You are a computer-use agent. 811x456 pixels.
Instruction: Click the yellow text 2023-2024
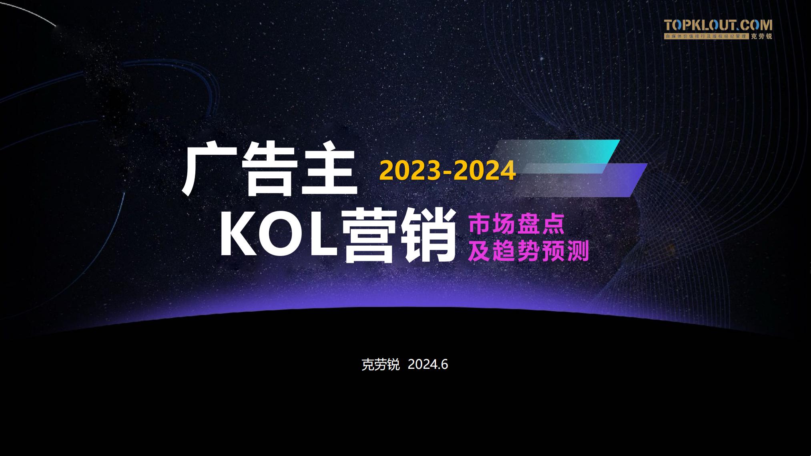(447, 171)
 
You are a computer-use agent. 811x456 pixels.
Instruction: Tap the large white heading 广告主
(270, 171)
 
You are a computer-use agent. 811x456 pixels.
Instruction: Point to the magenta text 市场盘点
(516, 224)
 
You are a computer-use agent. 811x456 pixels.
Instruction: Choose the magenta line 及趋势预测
(528, 251)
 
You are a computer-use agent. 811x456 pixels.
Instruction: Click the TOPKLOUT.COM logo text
(718, 25)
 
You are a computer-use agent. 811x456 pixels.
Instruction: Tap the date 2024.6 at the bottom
(428, 364)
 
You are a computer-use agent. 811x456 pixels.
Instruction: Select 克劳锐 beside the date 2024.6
(380, 365)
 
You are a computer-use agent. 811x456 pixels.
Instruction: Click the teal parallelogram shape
(556, 156)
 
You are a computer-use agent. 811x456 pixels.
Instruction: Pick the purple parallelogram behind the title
(580, 180)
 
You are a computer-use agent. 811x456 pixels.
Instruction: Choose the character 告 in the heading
(269, 171)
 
